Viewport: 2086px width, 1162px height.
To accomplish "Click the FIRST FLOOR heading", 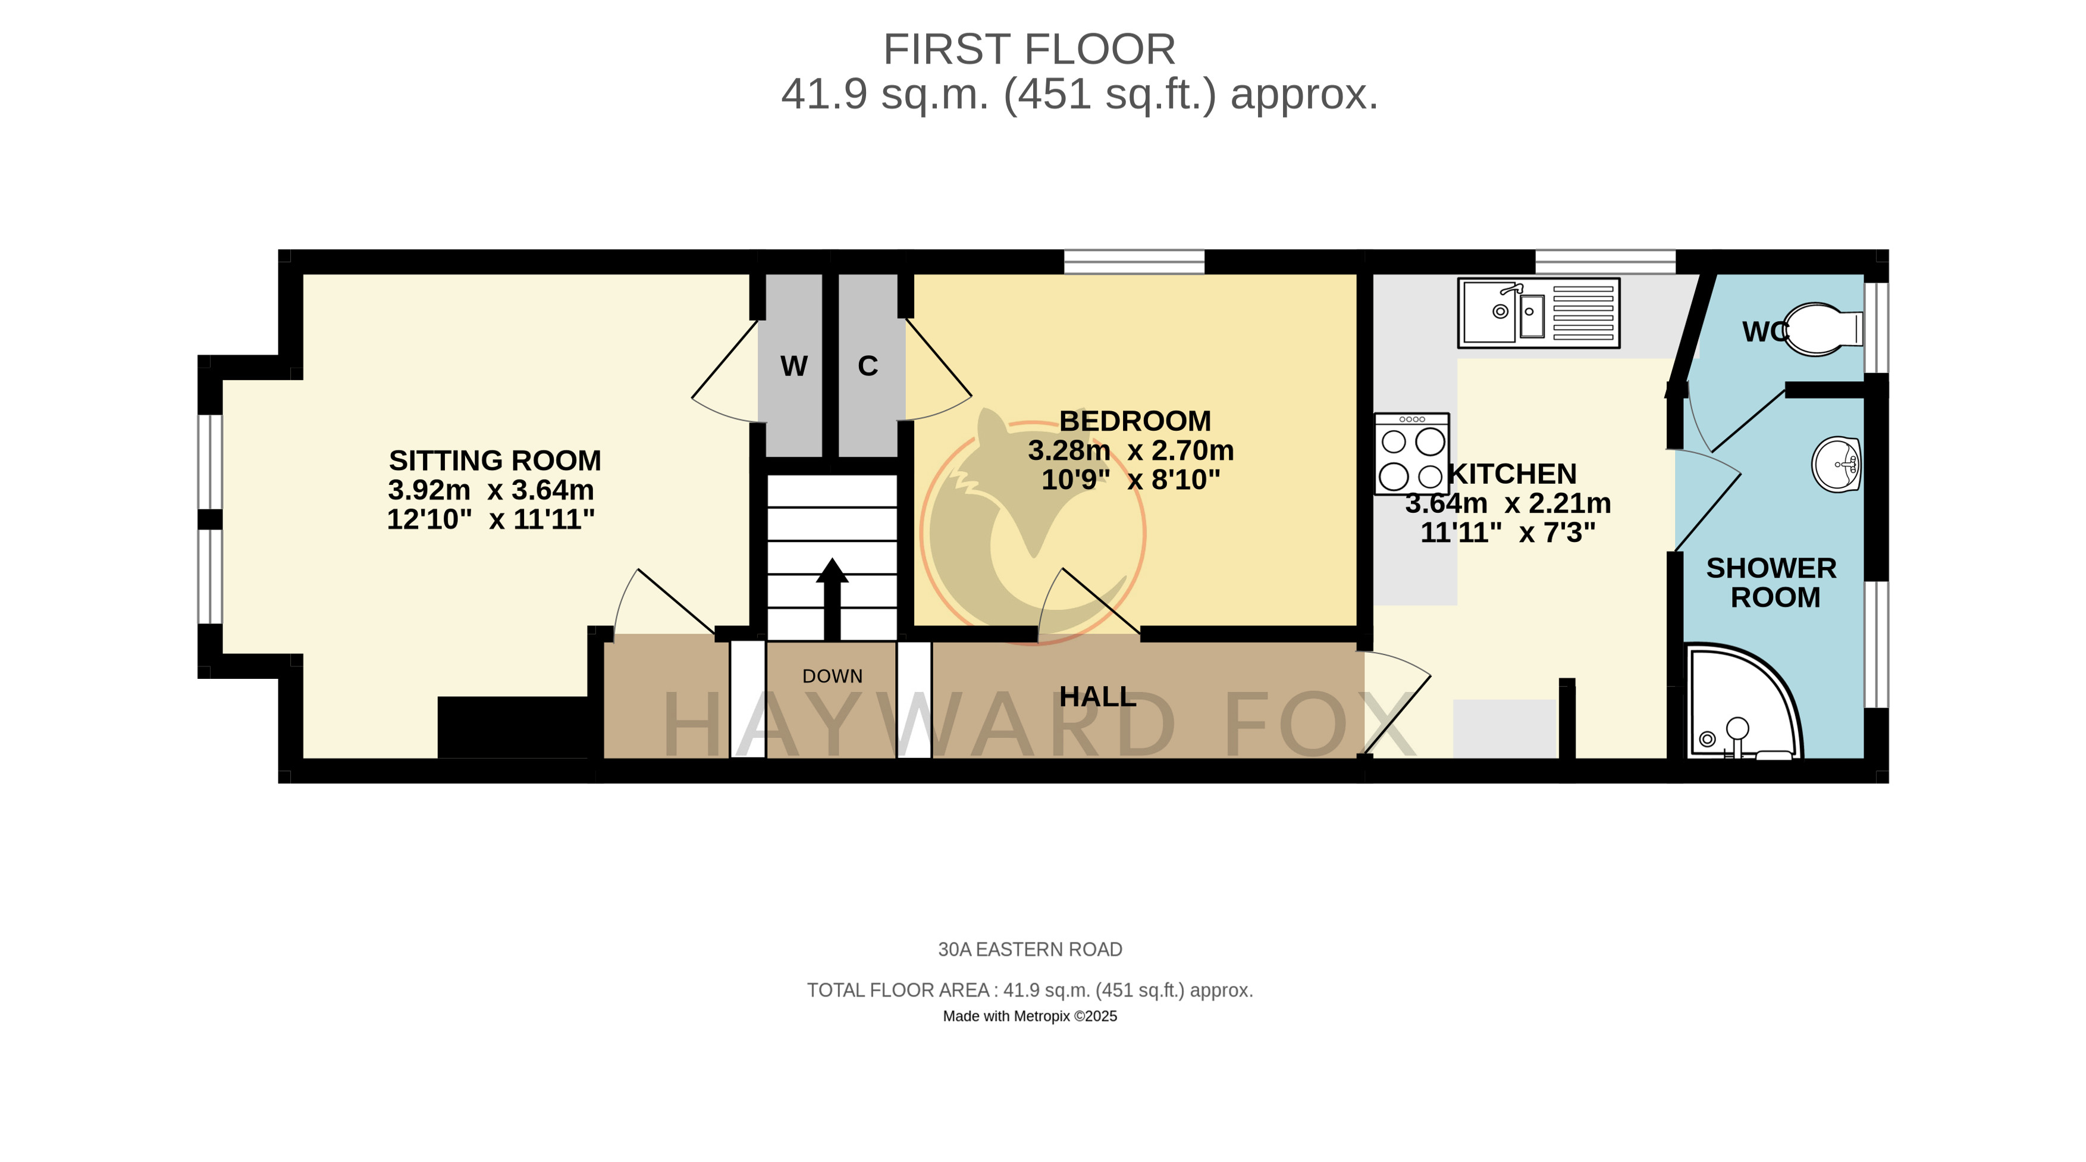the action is (x=1028, y=49).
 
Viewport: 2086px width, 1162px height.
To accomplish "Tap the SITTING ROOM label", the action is (x=495, y=460).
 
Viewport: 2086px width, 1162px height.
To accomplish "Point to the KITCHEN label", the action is (x=1513, y=473).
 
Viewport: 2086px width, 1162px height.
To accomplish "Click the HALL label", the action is (x=1097, y=696).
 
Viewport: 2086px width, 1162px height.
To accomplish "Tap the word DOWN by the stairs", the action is (x=833, y=676).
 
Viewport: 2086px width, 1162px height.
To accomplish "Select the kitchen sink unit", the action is (x=1539, y=312).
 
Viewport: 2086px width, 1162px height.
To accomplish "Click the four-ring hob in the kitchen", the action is (x=1411, y=453).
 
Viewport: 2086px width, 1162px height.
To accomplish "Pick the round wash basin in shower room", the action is (x=1836, y=465).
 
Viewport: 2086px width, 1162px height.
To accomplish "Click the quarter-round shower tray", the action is (x=1743, y=701).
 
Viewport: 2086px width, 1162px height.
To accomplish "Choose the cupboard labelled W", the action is (x=793, y=366).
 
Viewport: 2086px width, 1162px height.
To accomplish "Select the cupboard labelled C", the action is (x=868, y=366).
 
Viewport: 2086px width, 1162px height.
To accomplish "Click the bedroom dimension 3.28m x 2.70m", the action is (x=1131, y=450).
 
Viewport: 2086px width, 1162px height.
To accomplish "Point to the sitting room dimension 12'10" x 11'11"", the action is (x=491, y=519).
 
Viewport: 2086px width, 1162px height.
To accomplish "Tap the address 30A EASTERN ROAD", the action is (x=1030, y=949).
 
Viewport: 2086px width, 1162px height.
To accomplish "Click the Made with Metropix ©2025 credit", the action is (x=1030, y=1016).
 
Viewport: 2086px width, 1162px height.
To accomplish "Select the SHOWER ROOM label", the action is (x=1772, y=582).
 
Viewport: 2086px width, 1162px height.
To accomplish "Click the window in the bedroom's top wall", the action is (x=1134, y=262).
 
